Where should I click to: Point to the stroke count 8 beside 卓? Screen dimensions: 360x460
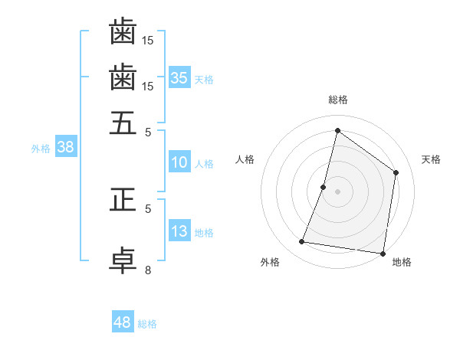[x=148, y=270]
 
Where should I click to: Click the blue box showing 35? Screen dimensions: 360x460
[x=179, y=77]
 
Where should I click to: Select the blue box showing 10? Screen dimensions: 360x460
[x=179, y=162]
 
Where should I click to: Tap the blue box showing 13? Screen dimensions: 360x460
[x=179, y=231]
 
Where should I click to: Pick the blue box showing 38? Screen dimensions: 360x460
[x=65, y=148]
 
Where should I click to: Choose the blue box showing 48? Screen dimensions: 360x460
[x=123, y=322]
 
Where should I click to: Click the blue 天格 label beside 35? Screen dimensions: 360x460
[x=204, y=79]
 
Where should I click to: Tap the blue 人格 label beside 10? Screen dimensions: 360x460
[x=204, y=164]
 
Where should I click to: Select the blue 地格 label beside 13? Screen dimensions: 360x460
[x=204, y=233]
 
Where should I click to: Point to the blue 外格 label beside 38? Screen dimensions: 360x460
[x=41, y=149]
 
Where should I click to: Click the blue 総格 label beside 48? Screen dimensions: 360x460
[x=147, y=324]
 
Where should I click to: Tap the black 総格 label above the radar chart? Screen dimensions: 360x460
[x=338, y=100]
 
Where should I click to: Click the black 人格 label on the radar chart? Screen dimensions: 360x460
[x=245, y=159]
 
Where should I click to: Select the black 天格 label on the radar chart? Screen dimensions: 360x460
[x=431, y=159]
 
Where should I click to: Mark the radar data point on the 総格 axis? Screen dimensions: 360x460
[x=337, y=130]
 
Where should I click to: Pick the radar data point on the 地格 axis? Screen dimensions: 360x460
[x=383, y=253]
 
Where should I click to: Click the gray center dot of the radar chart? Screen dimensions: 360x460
[x=337, y=191]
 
